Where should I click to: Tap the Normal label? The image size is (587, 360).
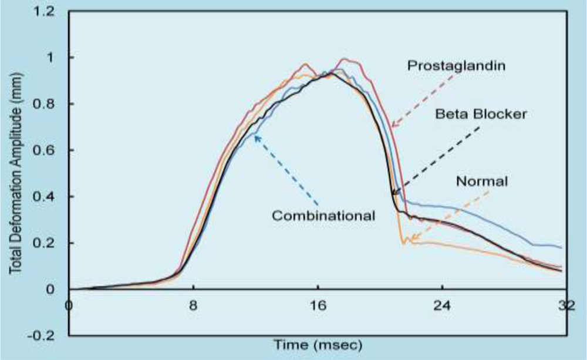tap(481, 181)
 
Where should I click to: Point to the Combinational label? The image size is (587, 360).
tap(323, 216)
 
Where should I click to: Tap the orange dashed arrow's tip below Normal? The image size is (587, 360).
tap(410, 241)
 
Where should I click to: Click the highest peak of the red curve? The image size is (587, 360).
tap(345, 59)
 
